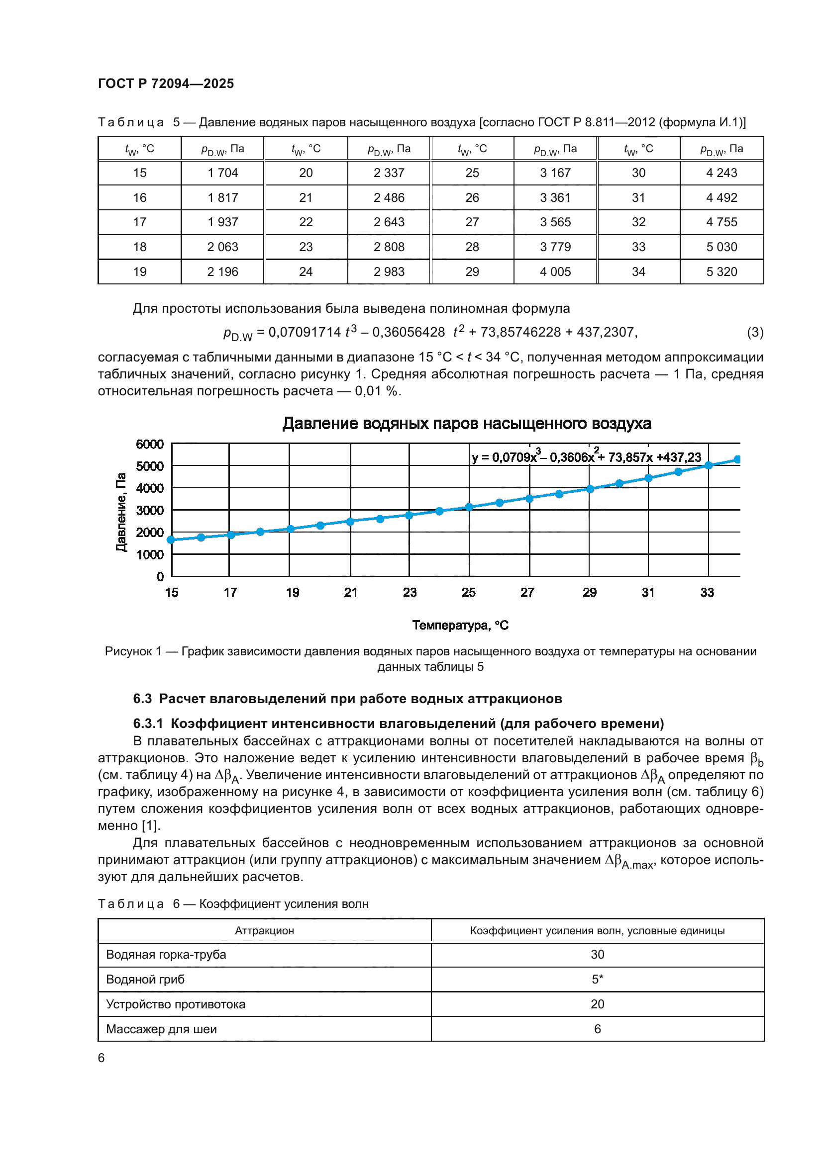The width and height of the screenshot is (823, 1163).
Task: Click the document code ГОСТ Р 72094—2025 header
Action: (x=166, y=84)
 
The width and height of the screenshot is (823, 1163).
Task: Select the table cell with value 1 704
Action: (x=222, y=173)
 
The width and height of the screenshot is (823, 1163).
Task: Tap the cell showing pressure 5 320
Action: (x=721, y=272)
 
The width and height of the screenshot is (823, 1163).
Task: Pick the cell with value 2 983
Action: (x=389, y=272)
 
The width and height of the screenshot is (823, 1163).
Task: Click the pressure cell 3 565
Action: (x=555, y=222)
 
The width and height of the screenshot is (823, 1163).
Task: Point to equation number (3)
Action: (x=755, y=332)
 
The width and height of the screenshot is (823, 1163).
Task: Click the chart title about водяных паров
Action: (x=466, y=424)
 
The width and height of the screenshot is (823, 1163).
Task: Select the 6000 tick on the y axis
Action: (x=149, y=444)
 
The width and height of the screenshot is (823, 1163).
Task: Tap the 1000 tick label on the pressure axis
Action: (x=149, y=555)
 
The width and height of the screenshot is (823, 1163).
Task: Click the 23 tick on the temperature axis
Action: (x=410, y=593)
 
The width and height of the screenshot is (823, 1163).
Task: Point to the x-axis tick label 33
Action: (x=707, y=593)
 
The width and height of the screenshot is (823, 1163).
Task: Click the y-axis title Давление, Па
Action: (x=120, y=512)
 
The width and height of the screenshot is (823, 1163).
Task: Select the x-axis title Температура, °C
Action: (x=460, y=626)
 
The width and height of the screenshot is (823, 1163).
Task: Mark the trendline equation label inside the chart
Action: (x=586, y=457)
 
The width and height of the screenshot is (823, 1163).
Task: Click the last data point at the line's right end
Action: (x=737, y=459)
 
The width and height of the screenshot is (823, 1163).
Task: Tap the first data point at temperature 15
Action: (x=171, y=540)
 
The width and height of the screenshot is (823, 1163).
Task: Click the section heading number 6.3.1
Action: (x=148, y=723)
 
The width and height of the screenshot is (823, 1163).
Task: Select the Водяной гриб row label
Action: (x=145, y=979)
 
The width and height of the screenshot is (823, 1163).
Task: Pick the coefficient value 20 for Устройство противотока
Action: (x=597, y=1004)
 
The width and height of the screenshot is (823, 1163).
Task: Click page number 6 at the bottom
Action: (x=102, y=1058)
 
